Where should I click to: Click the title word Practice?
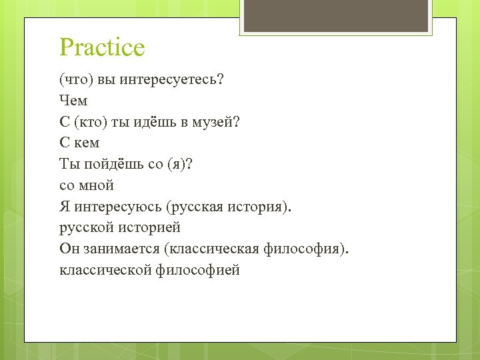point(102,47)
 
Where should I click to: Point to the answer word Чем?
point(73,101)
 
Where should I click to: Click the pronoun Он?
point(69,249)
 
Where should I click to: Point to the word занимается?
point(119,249)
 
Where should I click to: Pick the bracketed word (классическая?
point(213,249)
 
